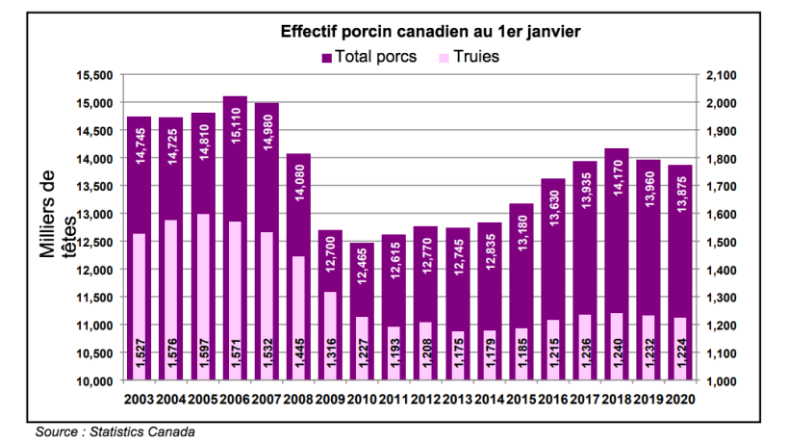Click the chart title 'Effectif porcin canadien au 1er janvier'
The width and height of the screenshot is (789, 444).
click(x=429, y=32)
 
